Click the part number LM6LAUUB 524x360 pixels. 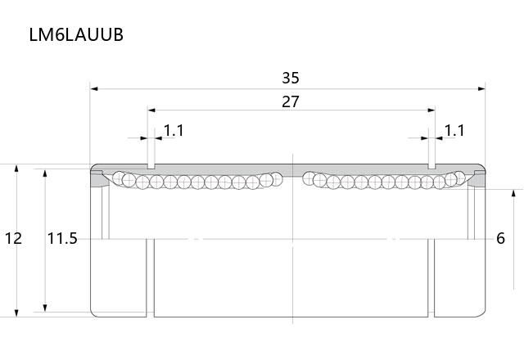(76, 34)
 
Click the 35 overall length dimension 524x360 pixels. (291, 78)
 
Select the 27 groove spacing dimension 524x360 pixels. (291, 101)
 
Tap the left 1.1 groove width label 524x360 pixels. (174, 131)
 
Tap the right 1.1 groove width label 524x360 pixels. (454, 131)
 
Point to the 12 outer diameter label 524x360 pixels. (13, 238)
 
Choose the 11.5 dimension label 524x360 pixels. (62, 238)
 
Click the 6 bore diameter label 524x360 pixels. (500, 238)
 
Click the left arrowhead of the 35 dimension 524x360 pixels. (94, 89)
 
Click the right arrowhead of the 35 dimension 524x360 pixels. (481, 89)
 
